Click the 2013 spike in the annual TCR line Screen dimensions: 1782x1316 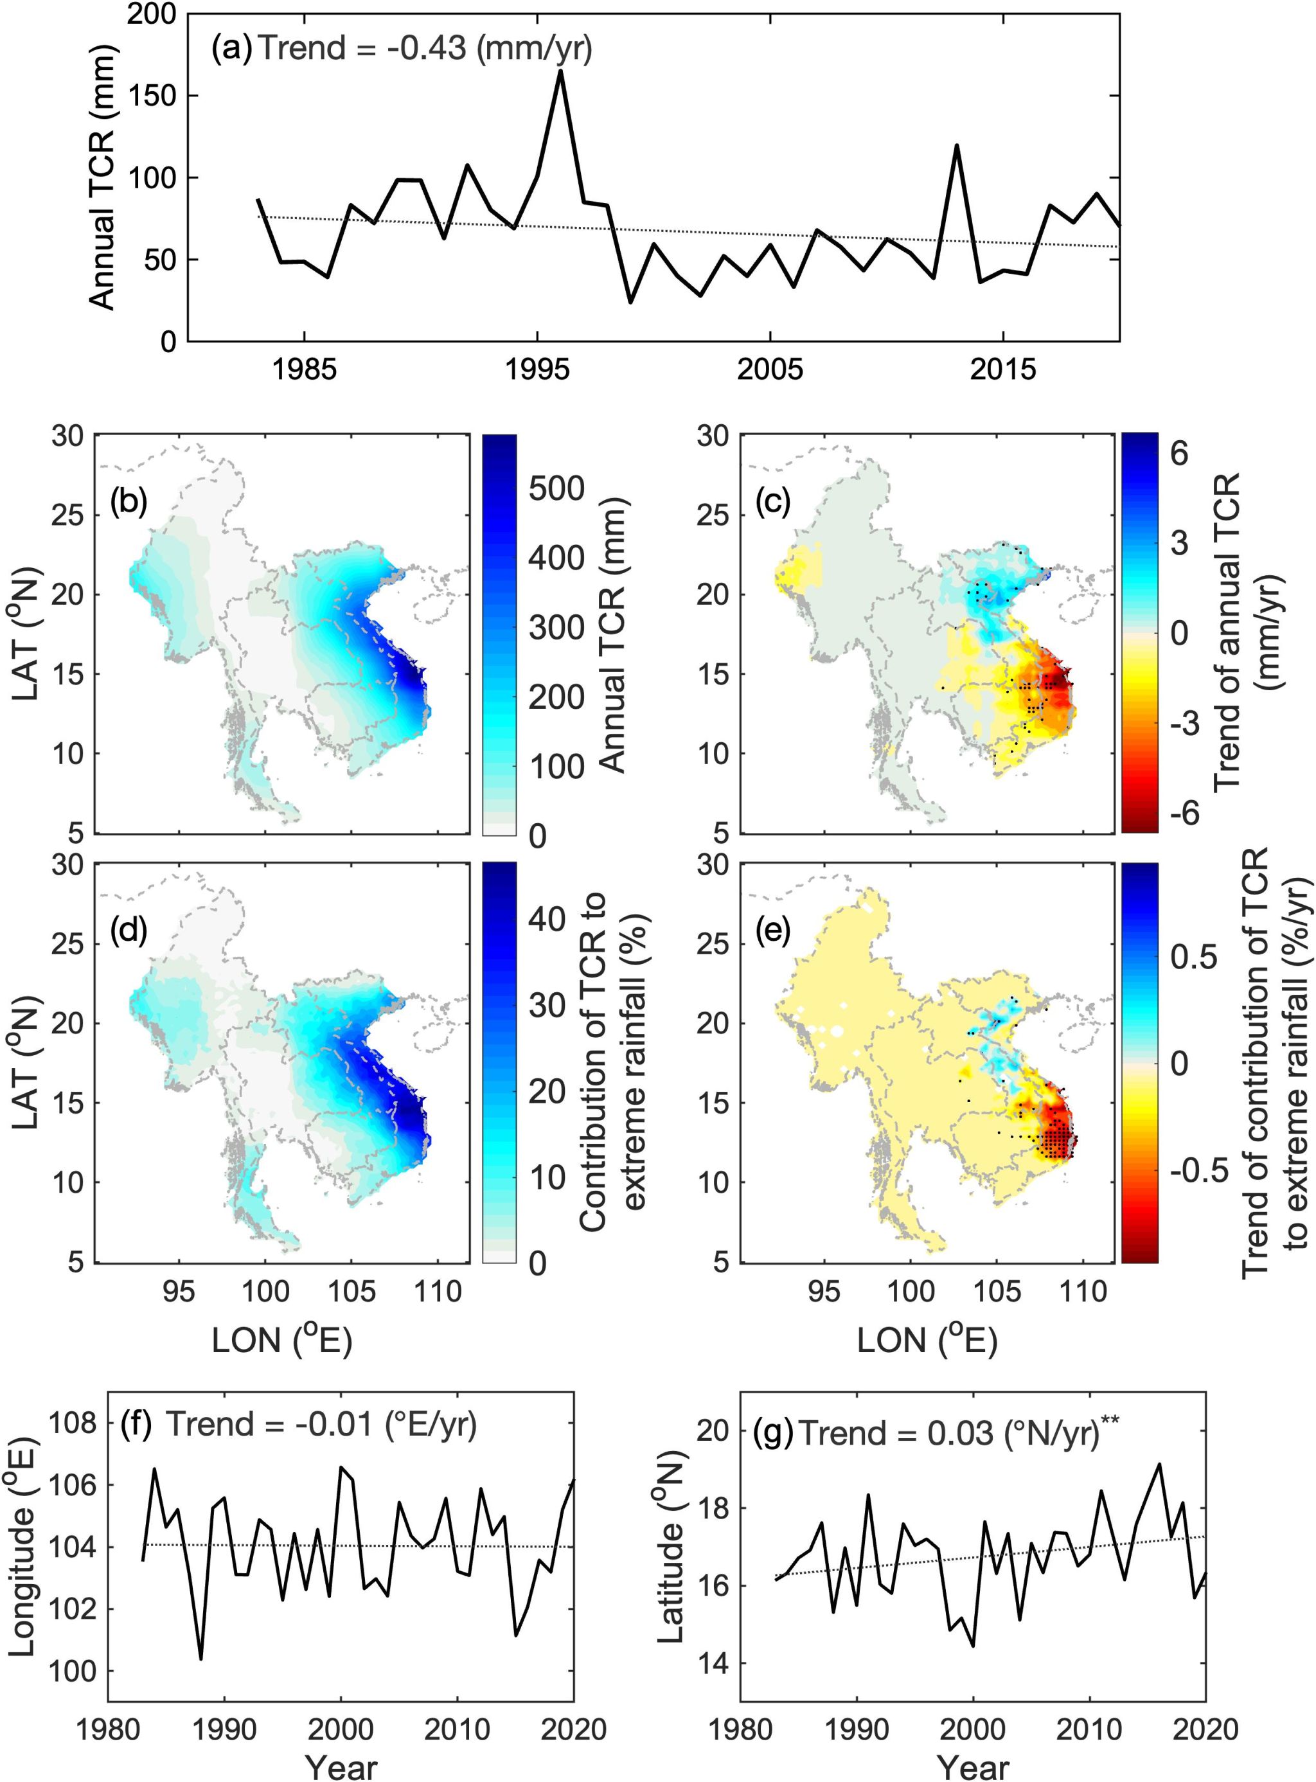click(x=956, y=146)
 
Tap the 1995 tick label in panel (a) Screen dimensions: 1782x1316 click(x=538, y=370)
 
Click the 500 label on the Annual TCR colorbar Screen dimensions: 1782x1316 click(x=556, y=488)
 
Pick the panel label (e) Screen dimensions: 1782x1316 click(x=771, y=931)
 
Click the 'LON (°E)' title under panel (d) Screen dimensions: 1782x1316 click(x=281, y=1341)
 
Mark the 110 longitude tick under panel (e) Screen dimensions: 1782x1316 click(x=1084, y=1291)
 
